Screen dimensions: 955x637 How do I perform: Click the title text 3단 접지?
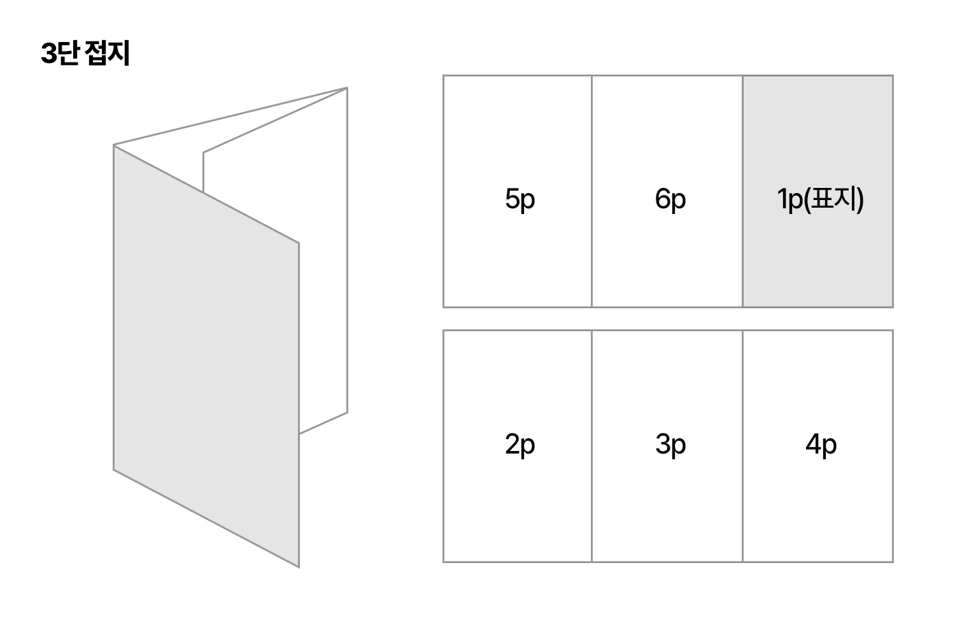[85, 54]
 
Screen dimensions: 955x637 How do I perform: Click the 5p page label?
[520, 199]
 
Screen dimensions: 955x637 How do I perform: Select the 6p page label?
[670, 199]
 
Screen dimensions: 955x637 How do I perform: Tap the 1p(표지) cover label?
[820, 199]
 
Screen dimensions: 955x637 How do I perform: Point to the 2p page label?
[520, 445]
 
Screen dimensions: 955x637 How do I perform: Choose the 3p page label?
[670, 445]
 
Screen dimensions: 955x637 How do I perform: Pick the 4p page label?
[821, 445]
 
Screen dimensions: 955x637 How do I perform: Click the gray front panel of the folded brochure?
[206, 357]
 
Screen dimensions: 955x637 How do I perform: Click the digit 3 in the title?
[48, 55]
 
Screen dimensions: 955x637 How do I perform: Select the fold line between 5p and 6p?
[591, 191]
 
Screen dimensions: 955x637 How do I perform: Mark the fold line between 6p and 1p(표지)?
[742, 191]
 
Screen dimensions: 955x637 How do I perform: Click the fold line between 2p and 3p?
[591, 446]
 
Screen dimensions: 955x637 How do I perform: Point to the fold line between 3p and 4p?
[742, 446]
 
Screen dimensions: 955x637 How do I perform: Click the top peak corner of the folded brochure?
[347, 87]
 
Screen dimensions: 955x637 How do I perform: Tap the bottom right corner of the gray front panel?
[299, 566]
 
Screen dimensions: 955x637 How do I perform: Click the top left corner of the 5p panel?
[444, 76]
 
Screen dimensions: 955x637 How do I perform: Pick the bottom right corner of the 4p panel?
[893, 561]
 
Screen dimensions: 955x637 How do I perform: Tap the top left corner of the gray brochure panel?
[114, 145]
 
